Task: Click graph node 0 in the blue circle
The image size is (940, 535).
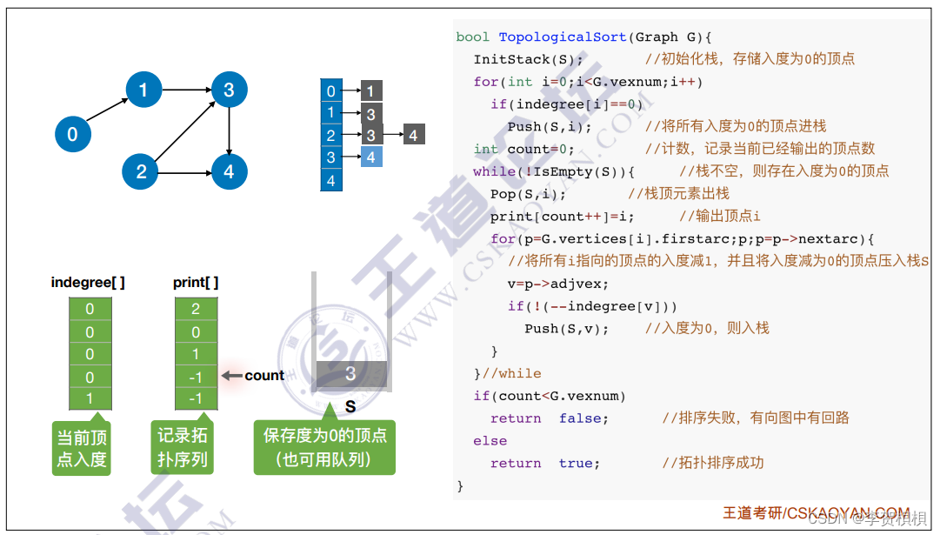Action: [72, 134]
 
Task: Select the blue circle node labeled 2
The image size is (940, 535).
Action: [141, 171]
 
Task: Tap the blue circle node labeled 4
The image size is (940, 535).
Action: [229, 171]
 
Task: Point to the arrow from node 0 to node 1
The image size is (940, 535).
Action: [107, 110]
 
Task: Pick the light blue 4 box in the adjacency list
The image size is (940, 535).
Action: [371, 157]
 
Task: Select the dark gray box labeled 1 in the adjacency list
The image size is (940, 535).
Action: [370, 91]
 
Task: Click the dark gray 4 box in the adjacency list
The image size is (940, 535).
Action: [413, 135]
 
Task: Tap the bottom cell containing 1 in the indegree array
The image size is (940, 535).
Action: [90, 398]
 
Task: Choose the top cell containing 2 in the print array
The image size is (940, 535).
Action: [196, 309]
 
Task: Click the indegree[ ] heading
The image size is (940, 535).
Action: [88, 282]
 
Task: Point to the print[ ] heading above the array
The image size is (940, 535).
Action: [196, 282]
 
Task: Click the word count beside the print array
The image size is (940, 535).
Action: [264, 376]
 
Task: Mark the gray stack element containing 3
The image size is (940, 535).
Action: [350, 374]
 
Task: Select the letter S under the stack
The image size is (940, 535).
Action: [350, 406]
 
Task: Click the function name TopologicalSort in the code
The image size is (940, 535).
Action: [562, 37]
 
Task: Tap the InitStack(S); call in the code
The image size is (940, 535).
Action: [528, 59]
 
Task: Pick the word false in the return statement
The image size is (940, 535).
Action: [583, 418]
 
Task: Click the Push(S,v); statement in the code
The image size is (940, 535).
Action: [566, 329]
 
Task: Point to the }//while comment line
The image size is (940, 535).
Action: [507, 373]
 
